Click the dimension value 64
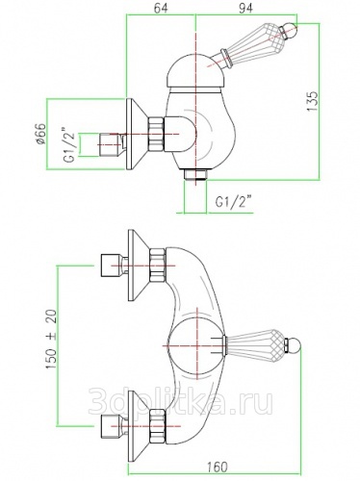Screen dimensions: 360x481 (161, 8)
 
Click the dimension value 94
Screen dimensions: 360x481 (245, 8)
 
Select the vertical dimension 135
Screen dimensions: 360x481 (312, 101)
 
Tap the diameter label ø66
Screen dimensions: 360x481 (40, 134)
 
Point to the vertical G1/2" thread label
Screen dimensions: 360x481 (70, 145)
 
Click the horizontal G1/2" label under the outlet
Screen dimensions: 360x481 (233, 202)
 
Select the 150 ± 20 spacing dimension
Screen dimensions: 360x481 (51, 339)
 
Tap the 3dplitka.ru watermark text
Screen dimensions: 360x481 (180, 401)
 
